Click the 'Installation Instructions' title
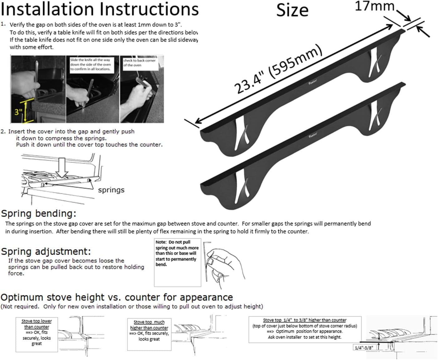point(100,9)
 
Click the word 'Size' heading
point(292,10)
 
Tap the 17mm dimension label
point(374,6)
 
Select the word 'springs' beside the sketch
point(111,190)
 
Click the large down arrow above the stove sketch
point(62,167)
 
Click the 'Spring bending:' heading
point(39,214)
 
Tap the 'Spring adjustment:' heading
point(46,251)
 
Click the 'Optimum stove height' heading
point(117,297)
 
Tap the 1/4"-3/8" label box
point(364,347)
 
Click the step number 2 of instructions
point(3,132)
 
